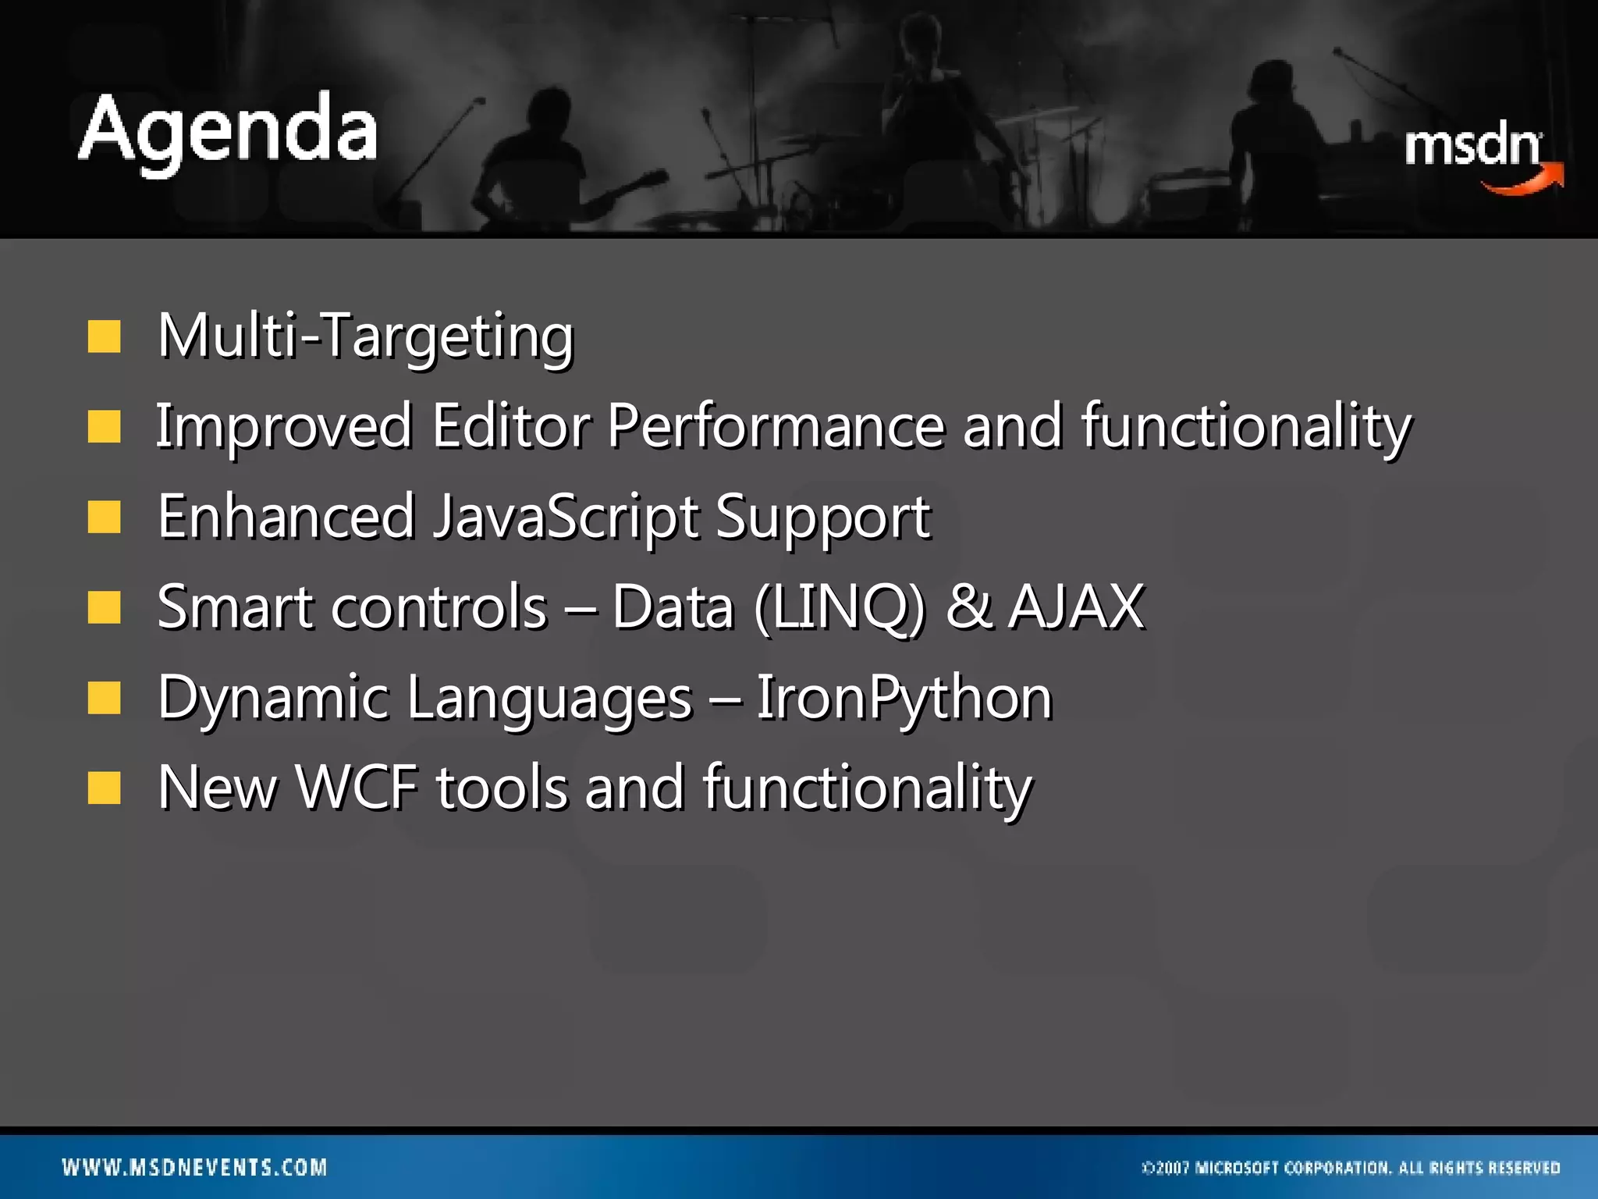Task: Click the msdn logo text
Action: (x=1472, y=146)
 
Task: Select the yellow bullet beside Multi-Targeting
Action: (x=104, y=337)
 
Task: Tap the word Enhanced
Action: (x=286, y=517)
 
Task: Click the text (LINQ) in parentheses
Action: (x=840, y=607)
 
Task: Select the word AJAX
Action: (x=1076, y=607)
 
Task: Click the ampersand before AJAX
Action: (x=968, y=607)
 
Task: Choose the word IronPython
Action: (x=904, y=698)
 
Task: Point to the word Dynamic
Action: (x=273, y=698)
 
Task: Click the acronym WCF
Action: (x=357, y=787)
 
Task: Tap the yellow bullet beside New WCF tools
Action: (x=104, y=788)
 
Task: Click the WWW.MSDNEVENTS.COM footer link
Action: (x=194, y=1167)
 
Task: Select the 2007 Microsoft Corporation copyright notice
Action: (x=1350, y=1168)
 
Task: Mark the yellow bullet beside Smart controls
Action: (x=104, y=607)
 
